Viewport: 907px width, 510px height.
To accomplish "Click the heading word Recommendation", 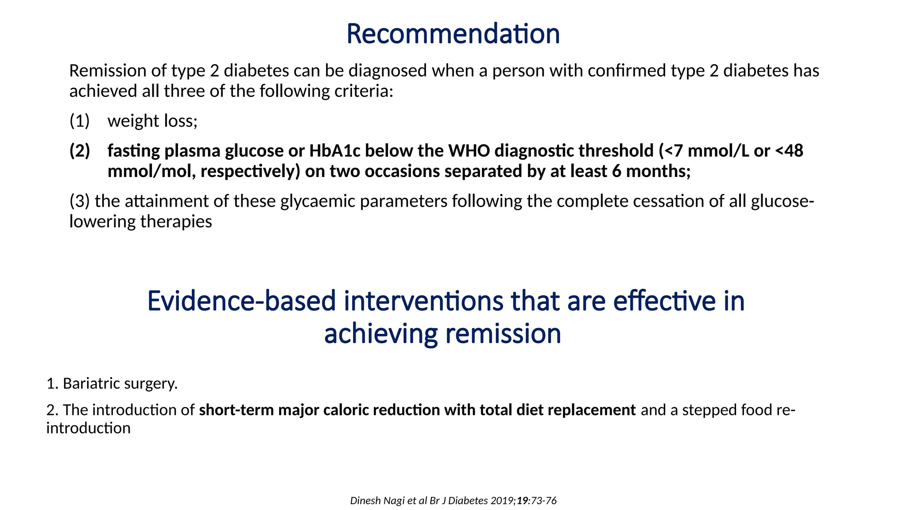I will [x=453, y=34].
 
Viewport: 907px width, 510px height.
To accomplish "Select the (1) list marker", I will [x=80, y=121].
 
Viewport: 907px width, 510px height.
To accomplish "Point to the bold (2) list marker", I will [x=80, y=151].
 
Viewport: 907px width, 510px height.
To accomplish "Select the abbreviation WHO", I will [x=469, y=151].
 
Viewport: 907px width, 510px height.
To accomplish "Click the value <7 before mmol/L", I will [x=673, y=151].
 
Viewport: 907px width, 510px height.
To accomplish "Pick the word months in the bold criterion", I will [x=658, y=171].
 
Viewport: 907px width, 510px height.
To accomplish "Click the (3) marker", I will [x=80, y=201].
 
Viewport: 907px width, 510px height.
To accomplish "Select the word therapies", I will [x=176, y=221].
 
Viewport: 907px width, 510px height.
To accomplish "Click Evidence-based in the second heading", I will [x=241, y=301].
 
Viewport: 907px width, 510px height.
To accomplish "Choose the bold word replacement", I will [x=592, y=410].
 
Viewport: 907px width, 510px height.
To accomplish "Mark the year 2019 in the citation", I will [x=502, y=501].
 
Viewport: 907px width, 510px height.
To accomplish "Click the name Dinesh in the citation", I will [x=364, y=501].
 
